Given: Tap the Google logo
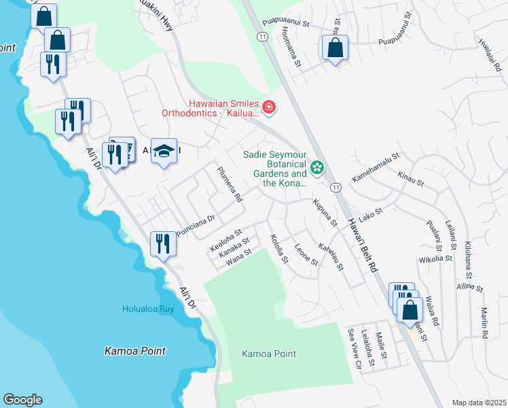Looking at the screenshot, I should pos(22,400).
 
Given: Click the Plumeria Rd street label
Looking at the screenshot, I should pos(229,184).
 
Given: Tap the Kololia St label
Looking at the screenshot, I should pos(279,250).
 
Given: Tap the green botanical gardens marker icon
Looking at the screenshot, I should pos(316,167).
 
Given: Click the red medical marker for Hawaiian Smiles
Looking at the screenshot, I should pos(269,107).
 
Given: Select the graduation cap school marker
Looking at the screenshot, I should pos(164,151).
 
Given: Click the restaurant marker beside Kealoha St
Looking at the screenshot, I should pos(162,243).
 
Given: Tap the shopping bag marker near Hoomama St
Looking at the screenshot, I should pos(335,48).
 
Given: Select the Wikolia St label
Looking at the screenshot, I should pos(435,259).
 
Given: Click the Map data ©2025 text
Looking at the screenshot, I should pos(479,403).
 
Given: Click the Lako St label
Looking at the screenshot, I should pos(371,214).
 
